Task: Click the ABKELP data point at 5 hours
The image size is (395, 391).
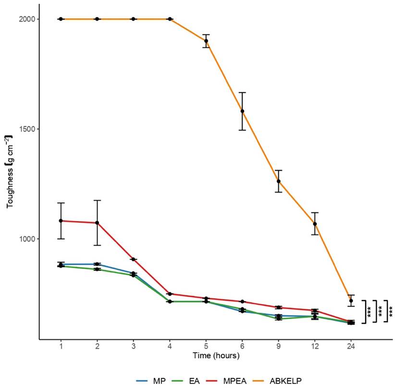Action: [206, 41]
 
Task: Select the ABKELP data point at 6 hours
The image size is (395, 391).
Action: [242, 111]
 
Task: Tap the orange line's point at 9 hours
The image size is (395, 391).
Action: [279, 181]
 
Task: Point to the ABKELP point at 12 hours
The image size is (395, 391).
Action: [315, 224]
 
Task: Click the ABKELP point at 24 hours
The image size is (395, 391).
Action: [351, 301]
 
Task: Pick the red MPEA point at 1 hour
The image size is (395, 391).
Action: [61, 221]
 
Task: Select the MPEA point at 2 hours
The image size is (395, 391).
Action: [97, 223]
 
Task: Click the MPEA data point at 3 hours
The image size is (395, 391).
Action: [134, 259]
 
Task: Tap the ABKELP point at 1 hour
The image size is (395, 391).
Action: [61, 19]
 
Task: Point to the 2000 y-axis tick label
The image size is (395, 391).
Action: [25, 19]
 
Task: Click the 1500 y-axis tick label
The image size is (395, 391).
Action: [25, 129]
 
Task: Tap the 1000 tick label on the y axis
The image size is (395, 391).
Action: [25, 239]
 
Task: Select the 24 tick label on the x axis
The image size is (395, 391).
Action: [351, 346]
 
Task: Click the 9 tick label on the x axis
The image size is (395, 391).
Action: [279, 346]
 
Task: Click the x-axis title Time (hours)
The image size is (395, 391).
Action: [216, 356]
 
